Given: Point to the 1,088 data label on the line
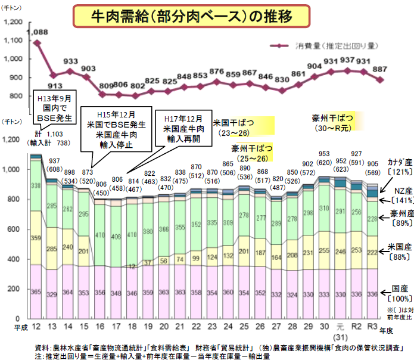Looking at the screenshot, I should point(38,31).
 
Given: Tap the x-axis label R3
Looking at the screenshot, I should point(371,328).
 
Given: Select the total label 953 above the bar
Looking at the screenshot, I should point(324,153).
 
